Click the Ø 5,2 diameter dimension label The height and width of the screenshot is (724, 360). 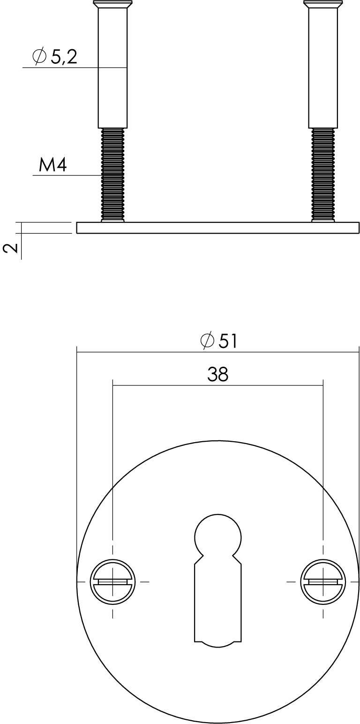pos(55,57)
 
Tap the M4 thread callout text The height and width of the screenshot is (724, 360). pos(52,165)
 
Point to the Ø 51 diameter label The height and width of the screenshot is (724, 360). pos(219,341)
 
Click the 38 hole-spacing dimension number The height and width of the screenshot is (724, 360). pos(218,374)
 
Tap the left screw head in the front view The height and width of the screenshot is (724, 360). pos(112,582)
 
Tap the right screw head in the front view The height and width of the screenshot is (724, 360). pos(323,582)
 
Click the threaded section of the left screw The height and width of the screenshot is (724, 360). pos(112,174)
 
